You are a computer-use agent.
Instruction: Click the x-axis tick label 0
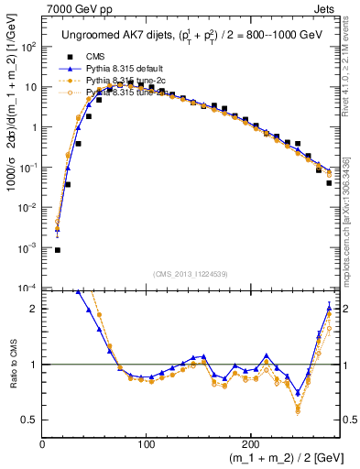pyautogui.click(x=43, y=444)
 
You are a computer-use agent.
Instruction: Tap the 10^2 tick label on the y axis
pyautogui.click(x=28, y=46)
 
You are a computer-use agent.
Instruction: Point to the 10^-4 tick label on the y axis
pyautogui.click(x=27, y=288)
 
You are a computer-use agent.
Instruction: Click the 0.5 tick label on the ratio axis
pyautogui.click(x=30, y=420)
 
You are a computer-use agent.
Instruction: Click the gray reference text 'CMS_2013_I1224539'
pyautogui.click(x=190, y=272)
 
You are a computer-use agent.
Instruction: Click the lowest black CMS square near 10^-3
pyautogui.click(x=57, y=249)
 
